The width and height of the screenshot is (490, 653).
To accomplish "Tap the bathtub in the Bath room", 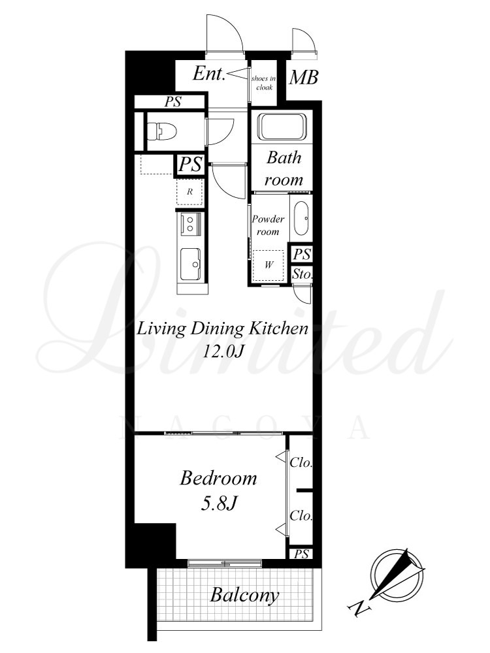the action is tap(282, 127).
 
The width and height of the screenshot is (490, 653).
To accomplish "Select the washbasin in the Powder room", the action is tap(301, 218).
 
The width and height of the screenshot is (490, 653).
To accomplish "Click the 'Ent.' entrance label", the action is tap(209, 74).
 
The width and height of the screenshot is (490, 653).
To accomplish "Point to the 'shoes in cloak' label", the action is tap(264, 83).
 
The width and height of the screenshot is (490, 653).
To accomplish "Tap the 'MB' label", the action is tap(304, 78).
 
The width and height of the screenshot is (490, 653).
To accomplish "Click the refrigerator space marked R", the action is tap(190, 192).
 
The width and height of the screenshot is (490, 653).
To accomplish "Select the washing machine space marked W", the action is tap(269, 265).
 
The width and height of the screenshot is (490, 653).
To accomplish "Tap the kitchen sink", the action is tap(190, 264).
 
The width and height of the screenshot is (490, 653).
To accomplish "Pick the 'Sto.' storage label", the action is tap(302, 274).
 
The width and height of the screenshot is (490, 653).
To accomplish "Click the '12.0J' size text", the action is tap(223, 352).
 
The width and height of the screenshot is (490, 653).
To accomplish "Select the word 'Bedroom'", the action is tap(218, 478).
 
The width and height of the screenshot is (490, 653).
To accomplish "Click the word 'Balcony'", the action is tap(244, 596).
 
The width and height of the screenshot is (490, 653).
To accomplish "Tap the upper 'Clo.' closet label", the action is tap(301, 462).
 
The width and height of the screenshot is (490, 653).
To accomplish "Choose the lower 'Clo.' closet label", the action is tap(301, 516).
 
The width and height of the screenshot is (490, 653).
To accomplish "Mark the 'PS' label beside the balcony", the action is tap(301, 554).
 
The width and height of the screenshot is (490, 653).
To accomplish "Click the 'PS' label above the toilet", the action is tap(172, 102).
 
